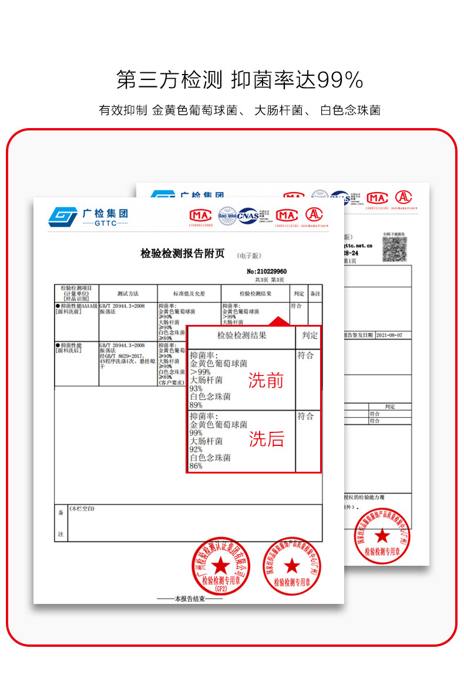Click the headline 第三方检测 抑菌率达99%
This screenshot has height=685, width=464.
coord(240,80)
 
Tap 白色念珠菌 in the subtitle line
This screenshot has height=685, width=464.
coord(350,110)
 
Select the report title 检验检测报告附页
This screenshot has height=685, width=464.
coord(183,254)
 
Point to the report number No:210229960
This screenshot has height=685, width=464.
coord(267,271)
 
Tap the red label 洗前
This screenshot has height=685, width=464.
coord(265,381)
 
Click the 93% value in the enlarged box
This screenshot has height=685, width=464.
coord(196,388)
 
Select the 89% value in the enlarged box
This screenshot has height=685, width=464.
coord(196,405)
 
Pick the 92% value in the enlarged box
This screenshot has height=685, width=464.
coord(196,449)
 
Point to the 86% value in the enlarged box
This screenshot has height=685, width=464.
coord(196,466)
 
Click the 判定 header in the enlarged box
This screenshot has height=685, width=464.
coord(310,335)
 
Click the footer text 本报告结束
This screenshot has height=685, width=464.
coord(189,599)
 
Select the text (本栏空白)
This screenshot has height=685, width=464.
coord(82,509)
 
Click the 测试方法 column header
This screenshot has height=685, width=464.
coord(128,293)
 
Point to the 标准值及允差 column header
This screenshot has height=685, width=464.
coord(189,293)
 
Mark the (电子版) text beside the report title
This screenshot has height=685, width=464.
coord(250,256)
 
